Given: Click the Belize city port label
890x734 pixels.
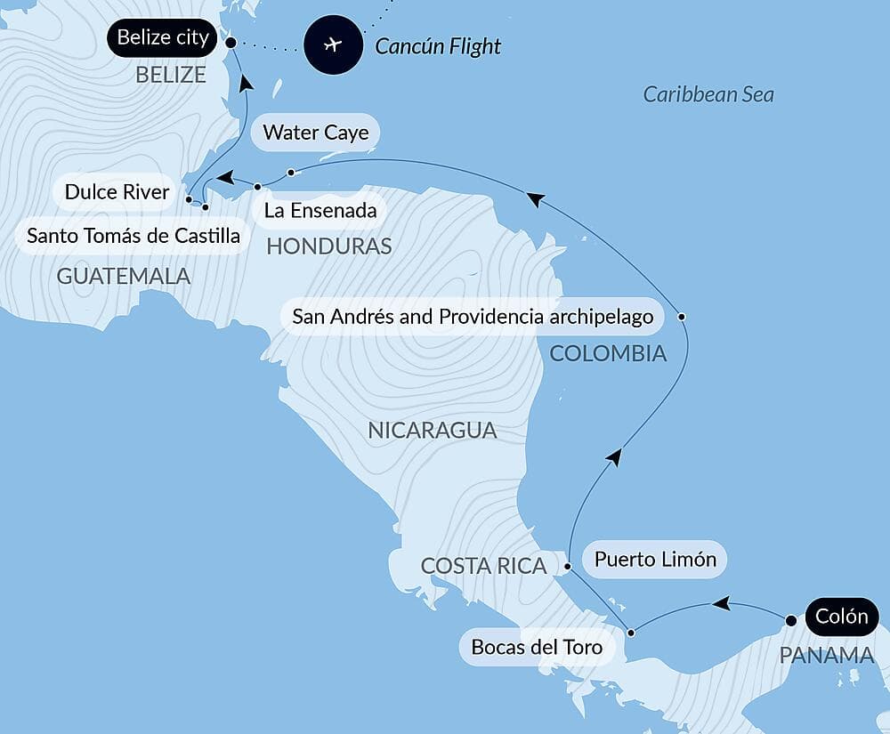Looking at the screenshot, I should pyautogui.click(x=163, y=38).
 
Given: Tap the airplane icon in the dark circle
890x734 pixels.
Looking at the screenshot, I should pyautogui.click(x=333, y=44).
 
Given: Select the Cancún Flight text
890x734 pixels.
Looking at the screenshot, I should pyautogui.click(x=438, y=45).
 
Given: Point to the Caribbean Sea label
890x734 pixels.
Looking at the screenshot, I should pyautogui.click(x=708, y=94).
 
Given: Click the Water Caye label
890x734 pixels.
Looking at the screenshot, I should pyautogui.click(x=315, y=133).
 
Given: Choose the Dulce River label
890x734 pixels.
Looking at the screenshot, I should pyautogui.click(x=117, y=192).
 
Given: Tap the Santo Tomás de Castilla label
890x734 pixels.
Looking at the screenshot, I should pyautogui.click(x=133, y=237).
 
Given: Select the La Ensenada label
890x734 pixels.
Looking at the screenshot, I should pyautogui.click(x=320, y=212).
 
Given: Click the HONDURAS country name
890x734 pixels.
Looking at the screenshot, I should pyautogui.click(x=329, y=246).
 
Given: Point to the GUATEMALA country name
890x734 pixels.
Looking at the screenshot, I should pyautogui.click(x=124, y=276).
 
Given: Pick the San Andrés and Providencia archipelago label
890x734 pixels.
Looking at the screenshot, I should pyautogui.click(x=473, y=317).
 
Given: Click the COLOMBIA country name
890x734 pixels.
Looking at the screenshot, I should pyautogui.click(x=608, y=353).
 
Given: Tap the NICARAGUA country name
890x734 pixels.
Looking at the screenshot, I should pyautogui.click(x=432, y=431).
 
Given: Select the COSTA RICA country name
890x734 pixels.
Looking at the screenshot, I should pyautogui.click(x=483, y=565).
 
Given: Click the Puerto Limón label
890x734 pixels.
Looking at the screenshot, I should pyautogui.click(x=655, y=560).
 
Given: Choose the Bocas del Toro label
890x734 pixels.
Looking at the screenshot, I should pyautogui.click(x=537, y=647).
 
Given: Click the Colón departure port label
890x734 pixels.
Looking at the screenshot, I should pyautogui.click(x=841, y=617).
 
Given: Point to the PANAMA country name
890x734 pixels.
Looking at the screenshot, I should pyautogui.click(x=827, y=656).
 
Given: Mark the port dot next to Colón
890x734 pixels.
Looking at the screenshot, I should pyautogui.click(x=790, y=619).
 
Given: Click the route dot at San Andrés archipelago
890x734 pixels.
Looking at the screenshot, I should pyautogui.click(x=681, y=316).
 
